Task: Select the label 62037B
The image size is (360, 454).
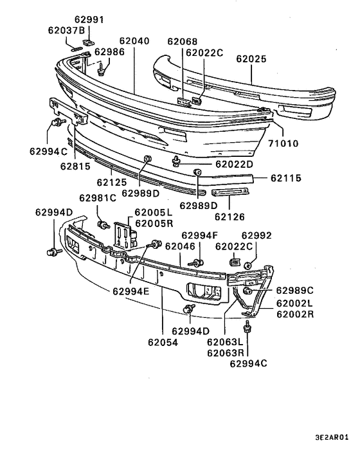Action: click(x=66, y=30)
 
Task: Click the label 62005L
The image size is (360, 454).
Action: click(x=154, y=212)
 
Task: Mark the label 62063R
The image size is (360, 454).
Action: click(x=226, y=352)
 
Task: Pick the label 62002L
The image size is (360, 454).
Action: click(x=295, y=303)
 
